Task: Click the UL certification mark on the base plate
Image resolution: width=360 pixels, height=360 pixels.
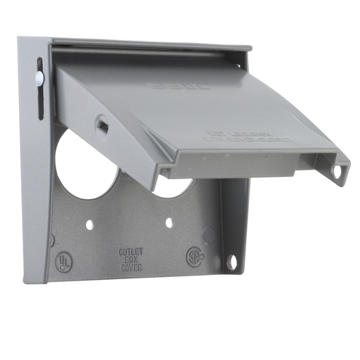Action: (x=64, y=261)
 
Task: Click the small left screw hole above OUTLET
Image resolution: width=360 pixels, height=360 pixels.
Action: (x=90, y=226)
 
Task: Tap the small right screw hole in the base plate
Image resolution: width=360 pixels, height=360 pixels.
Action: (x=169, y=223)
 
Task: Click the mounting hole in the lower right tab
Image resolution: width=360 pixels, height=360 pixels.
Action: (x=231, y=262)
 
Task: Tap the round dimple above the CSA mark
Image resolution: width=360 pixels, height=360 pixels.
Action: (x=207, y=236)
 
